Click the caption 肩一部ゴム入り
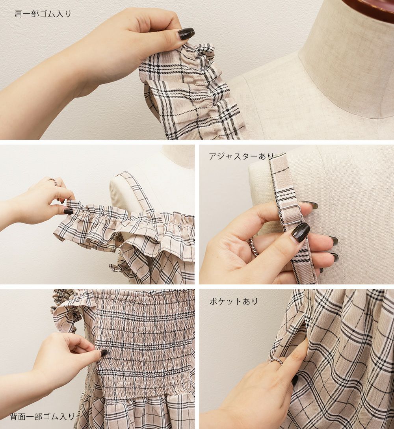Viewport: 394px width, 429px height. pos(43,14)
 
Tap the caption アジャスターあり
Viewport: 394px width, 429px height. pos(241,156)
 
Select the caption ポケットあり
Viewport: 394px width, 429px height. pos(234,301)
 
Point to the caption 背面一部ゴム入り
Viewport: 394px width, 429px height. pos(43,417)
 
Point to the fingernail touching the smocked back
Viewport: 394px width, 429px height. pos(102,353)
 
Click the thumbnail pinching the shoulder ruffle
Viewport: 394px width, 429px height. pos(68,211)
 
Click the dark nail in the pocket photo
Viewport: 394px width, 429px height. pos(295,380)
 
